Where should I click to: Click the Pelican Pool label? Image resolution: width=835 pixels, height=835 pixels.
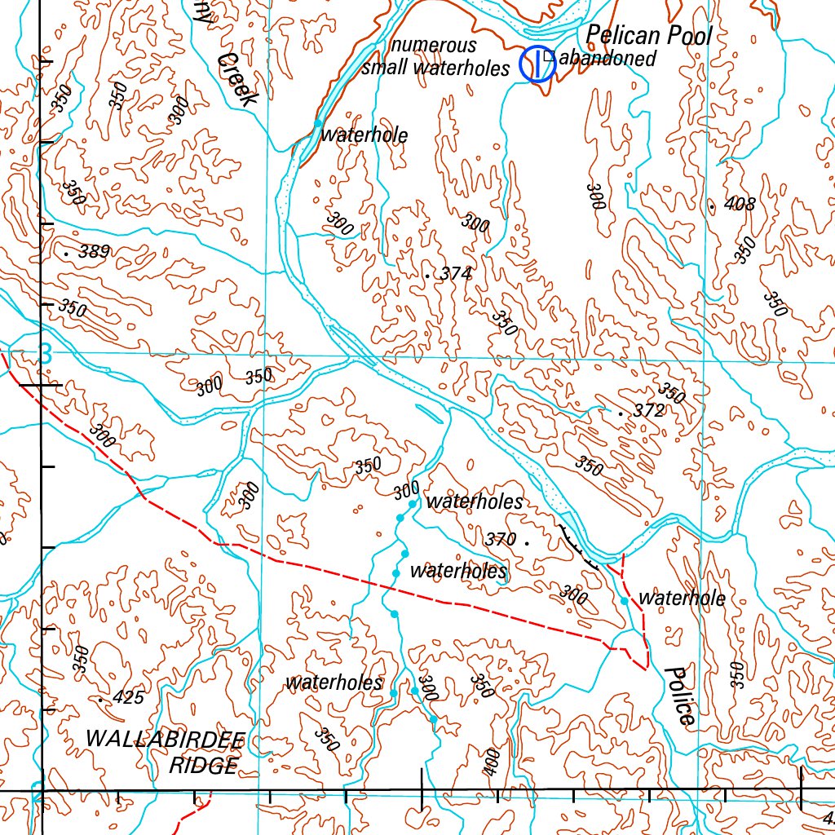649,35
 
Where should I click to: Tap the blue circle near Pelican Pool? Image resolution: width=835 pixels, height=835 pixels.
537,64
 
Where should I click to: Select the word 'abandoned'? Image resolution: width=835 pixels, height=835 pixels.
609,59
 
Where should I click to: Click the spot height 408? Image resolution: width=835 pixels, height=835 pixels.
739,204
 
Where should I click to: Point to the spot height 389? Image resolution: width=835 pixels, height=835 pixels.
93,253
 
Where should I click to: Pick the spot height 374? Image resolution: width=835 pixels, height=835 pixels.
455,275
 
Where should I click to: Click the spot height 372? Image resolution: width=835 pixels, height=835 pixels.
648,412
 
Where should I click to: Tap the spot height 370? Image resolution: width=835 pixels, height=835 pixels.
501,539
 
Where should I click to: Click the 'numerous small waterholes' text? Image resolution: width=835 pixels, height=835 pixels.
435,57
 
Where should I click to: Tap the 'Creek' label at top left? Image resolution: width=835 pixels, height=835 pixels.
238,79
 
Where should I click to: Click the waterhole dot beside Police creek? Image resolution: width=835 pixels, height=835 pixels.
624,601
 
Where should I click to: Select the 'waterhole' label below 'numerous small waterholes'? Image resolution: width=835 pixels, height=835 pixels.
364,135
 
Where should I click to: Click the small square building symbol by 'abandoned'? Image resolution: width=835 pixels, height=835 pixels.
549,56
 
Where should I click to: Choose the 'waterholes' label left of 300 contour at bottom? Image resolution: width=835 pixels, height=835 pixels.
334,683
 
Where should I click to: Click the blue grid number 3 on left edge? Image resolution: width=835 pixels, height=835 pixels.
45,354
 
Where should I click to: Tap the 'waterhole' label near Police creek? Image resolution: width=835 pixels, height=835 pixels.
682,599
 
